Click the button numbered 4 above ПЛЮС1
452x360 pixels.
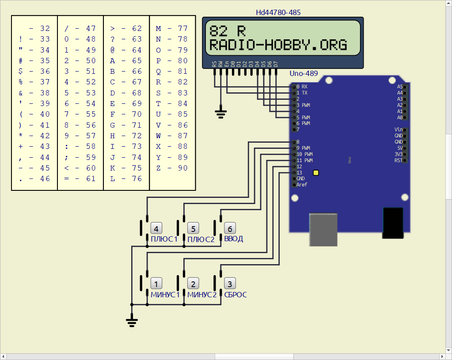point(156,228)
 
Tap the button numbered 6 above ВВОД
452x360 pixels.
point(230,228)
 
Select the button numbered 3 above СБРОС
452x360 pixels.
point(230,284)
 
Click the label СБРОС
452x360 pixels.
point(235,295)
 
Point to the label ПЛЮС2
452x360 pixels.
point(201,239)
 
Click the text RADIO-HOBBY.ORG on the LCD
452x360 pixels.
point(278,45)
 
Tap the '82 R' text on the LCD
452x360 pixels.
point(227,31)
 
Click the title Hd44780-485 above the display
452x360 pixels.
point(278,12)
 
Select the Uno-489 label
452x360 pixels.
point(304,73)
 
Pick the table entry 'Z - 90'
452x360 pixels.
point(172,168)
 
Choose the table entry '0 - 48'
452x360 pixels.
point(80,39)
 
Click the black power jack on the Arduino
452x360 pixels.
point(393,223)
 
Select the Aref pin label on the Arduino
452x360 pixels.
point(302,185)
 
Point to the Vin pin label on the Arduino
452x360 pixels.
point(399,129)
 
